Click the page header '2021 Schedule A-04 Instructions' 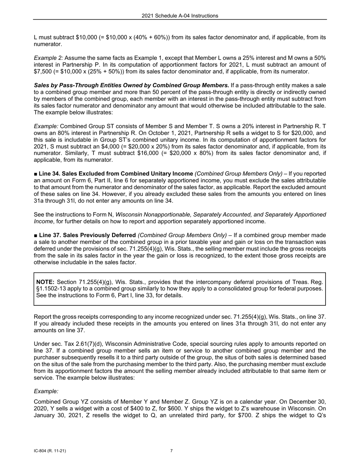(180, 16)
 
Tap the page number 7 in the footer (171, 451)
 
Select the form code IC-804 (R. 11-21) (51, 451)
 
